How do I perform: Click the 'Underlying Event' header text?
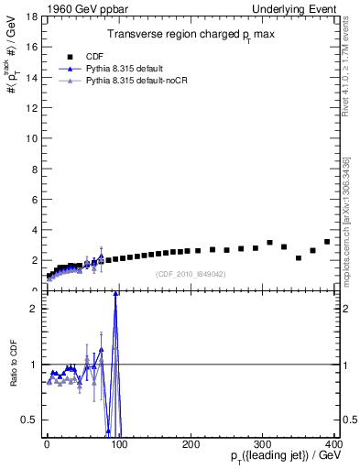tap(295, 8)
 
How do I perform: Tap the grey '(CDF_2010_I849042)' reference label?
tap(190, 274)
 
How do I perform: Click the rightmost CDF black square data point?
tap(327, 242)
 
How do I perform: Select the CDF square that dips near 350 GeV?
tap(299, 257)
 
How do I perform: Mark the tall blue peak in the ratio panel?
tap(115, 294)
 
